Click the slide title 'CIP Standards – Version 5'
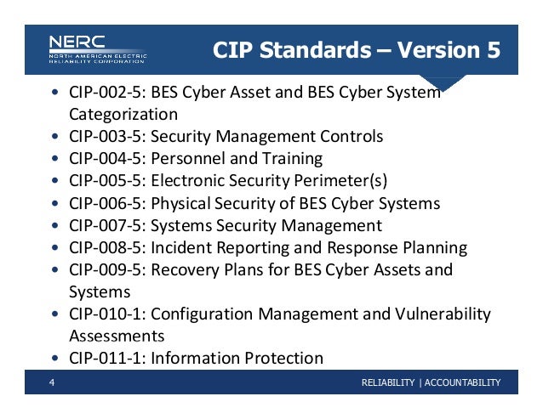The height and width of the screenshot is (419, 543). click(x=356, y=51)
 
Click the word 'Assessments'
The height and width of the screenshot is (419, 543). click(x=116, y=336)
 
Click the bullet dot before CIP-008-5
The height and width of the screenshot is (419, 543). click(x=55, y=248)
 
